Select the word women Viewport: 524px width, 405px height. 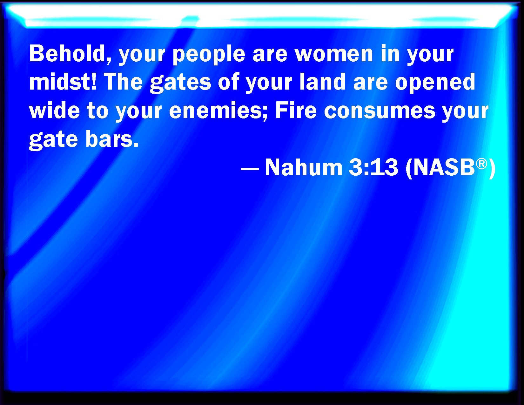tap(334, 54)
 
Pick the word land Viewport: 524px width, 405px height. tap(323, 82)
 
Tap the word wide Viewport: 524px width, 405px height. tap(54, 110)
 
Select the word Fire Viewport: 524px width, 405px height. tap(296, 110)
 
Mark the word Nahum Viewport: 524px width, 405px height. tap(304, 167)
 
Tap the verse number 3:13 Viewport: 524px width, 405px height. tap(373, 167)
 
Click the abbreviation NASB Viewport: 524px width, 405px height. tap(444, 167)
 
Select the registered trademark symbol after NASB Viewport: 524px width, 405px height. tap(481, 164)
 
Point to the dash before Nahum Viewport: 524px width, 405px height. tap(250, 168)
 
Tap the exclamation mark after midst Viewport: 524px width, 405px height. tap(94, 82)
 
